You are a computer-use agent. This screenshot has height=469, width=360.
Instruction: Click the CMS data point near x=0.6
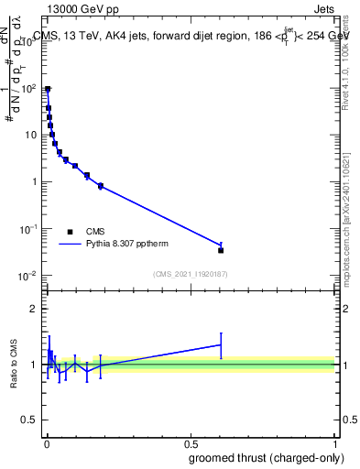pos(221,250)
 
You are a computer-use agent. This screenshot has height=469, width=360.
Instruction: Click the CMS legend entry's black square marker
pos(69,232)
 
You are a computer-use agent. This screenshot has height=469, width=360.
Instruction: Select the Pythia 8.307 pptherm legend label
pos(128,245)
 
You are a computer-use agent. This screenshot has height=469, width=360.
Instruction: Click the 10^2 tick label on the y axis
pos(30,89)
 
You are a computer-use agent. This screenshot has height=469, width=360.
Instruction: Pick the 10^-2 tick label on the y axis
pos(28,276)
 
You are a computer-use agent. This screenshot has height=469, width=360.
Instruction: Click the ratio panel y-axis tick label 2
pos(35,309)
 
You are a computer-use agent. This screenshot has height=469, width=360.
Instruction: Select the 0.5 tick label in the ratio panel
pos(31,420)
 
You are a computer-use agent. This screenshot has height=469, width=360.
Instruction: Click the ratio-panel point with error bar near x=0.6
pos(221,344)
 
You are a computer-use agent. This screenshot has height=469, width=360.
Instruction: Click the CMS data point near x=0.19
pos(101,186)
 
